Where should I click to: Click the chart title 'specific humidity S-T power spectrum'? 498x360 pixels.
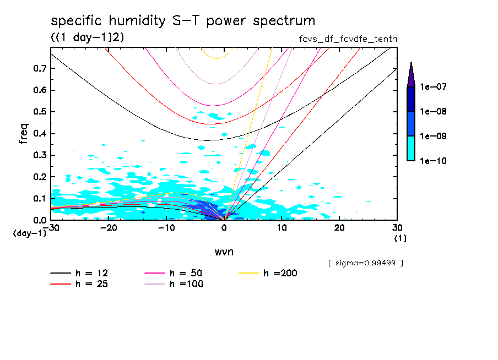(183, 21)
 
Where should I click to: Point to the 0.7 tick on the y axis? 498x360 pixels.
(40, 68)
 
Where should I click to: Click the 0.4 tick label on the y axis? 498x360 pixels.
(40, 134)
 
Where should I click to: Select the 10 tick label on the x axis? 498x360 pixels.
(282, 228)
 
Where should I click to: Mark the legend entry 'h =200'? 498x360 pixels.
(280, 273)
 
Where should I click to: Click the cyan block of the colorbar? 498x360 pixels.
(410, 149)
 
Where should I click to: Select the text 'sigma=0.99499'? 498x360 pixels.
(366, 263)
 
